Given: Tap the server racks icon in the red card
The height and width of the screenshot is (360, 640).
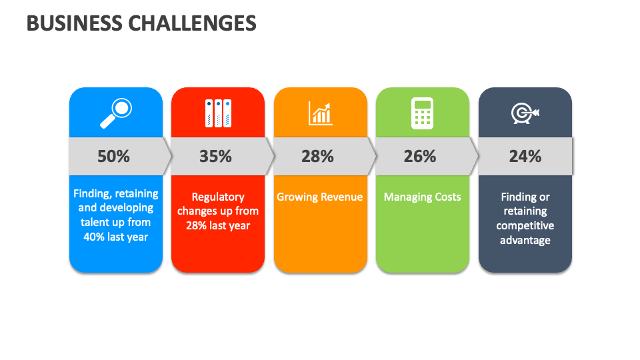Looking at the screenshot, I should (x=218, y=113).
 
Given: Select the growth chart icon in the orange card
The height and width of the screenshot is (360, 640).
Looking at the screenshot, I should (x=320, y=113).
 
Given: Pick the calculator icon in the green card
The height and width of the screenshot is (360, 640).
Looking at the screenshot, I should (x=422, y=113).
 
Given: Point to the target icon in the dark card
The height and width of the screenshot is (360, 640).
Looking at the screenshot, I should (x=525, y=113).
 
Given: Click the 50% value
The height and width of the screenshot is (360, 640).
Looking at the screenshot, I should (x=113, y=157).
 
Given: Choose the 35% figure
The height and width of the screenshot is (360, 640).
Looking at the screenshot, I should (x=215, y=157).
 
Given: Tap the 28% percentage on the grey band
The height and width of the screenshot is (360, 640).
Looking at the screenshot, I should (x=317, y=157).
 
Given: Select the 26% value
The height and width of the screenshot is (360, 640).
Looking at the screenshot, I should (x=420, y=157).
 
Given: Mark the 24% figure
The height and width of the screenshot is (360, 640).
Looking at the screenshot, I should (x=525, y=157).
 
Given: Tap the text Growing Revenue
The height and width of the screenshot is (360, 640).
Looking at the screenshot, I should (x=320, y=197).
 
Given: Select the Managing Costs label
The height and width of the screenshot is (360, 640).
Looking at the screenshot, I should (x=422, y=197).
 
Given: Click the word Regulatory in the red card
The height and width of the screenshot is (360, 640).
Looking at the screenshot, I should (x=218, y=197).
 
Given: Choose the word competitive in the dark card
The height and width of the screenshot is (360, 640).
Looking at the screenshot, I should (x=525, y=225).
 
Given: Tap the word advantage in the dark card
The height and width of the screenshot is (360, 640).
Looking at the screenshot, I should (x=525, y=240).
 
